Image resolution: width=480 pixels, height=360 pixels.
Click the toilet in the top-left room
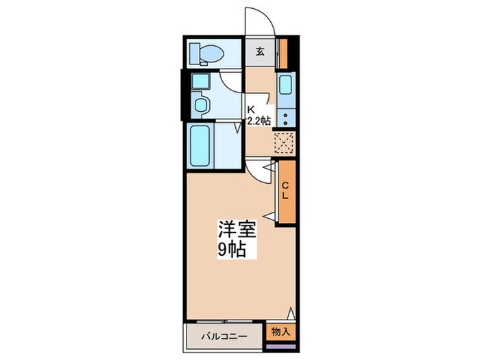coord(207,54)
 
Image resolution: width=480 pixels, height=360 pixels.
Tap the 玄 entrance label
coord(260,51)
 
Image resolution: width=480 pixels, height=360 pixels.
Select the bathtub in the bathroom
coord(200,145)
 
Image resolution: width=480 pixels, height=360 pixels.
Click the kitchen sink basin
coord(286,84)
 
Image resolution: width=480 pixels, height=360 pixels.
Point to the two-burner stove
coord(286,119)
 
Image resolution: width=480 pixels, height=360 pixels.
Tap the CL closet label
coord(285,191)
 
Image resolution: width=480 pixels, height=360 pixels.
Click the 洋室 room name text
coord(237,229)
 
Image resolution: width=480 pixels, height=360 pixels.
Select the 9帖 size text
coord(232,250)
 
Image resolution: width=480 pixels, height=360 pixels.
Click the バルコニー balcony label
coord(224,337)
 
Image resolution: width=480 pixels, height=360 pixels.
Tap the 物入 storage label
coord(280,331)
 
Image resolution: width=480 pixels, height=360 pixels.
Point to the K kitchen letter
coord(251,109)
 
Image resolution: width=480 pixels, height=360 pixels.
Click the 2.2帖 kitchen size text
coord(259,121)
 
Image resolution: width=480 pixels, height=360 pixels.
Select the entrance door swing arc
coord(266,15)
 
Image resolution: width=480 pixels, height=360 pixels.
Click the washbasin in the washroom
coord(201,105)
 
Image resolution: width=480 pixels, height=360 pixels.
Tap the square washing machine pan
coord(200,81)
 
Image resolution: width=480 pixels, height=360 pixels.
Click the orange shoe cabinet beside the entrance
coord(284,53)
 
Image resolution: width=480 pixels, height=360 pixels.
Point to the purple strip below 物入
coord(281,346)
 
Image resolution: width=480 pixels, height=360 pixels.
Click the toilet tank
coord(194,53)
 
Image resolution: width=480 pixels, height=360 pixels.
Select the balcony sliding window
coord(224,322)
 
